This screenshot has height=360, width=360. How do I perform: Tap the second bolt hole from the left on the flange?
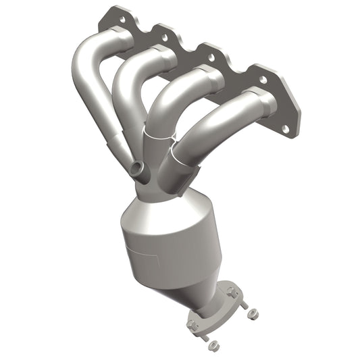pos(160,30)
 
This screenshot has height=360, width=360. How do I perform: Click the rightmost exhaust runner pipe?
pos(216,125)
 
